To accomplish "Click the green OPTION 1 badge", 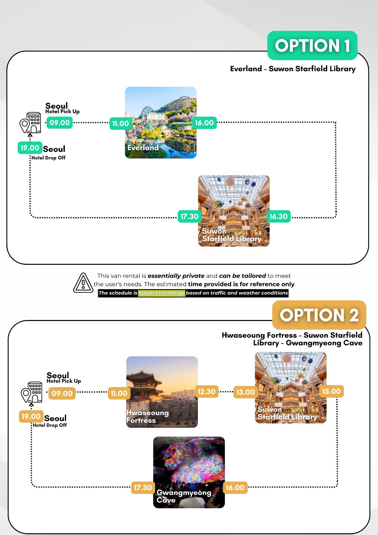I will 312,45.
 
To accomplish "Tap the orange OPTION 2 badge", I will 319,315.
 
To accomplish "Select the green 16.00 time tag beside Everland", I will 204,123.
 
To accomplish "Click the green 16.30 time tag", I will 278,216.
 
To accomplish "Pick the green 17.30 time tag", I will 190,216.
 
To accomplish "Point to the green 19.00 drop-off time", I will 30,148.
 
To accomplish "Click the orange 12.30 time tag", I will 207,392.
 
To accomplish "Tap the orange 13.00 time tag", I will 245,392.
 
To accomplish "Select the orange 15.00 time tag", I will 331,391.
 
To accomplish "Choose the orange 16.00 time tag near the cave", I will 235,488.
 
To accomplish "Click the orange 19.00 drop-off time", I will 31,416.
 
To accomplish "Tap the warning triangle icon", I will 83,283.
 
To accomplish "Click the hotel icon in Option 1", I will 31,123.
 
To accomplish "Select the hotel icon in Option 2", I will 32,392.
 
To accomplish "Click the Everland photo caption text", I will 143,147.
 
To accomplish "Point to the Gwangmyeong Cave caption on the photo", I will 183,496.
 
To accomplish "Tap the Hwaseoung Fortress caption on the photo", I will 147,417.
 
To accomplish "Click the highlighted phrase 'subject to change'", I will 161,293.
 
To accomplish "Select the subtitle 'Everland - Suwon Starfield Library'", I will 293,69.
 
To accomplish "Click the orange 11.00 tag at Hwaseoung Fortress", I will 119,393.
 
